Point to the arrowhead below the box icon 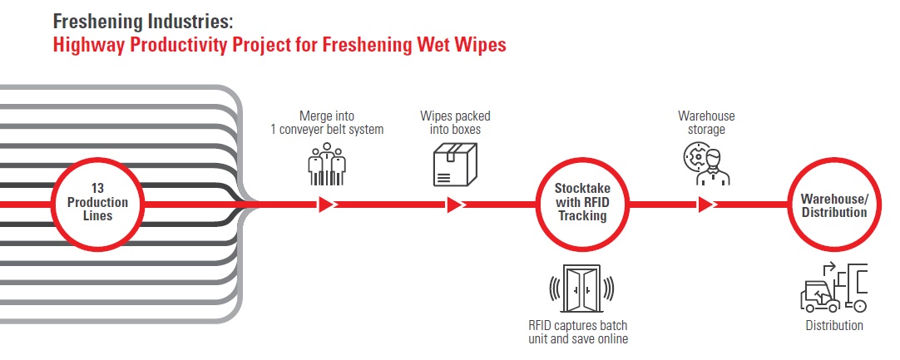click(455, 205)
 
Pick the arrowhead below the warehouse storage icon click(706, 205)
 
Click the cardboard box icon click(455, 165)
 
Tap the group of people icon click(327, 165)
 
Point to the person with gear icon click(706, 165)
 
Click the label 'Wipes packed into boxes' click(455, 122)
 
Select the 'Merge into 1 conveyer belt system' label click(327, 122)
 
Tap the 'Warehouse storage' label click(706, 122)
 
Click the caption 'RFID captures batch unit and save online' click(578, 332)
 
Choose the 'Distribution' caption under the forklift click(834, 326)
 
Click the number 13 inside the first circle click(97, 188)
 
